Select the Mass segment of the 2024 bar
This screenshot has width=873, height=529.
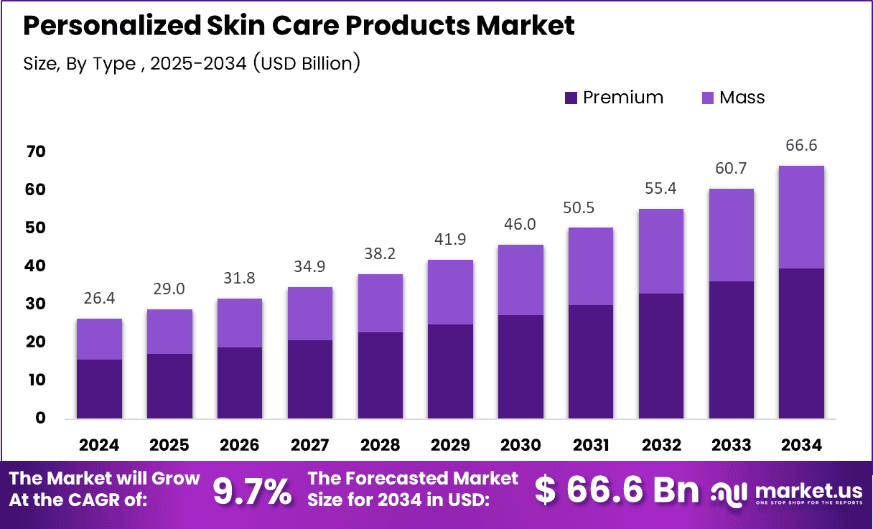click(99, 339)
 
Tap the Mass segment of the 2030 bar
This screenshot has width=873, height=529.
click(520, 280)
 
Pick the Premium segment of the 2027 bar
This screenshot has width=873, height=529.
click(310, 379)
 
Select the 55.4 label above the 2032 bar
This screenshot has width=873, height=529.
click(661, 190)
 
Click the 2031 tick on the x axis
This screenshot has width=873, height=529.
click(591, 445)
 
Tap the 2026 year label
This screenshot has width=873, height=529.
click(240, 445)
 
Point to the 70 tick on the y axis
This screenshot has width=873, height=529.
click(36, 151)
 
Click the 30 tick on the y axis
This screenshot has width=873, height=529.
click(36, 304)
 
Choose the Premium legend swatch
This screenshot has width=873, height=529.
click(571, 98)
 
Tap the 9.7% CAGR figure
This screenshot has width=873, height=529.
click(252, 492)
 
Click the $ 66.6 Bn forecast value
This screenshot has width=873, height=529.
click(617, 491)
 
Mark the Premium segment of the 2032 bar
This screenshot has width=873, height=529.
click(661, 356)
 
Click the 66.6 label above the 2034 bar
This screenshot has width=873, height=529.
click(801, 146)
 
